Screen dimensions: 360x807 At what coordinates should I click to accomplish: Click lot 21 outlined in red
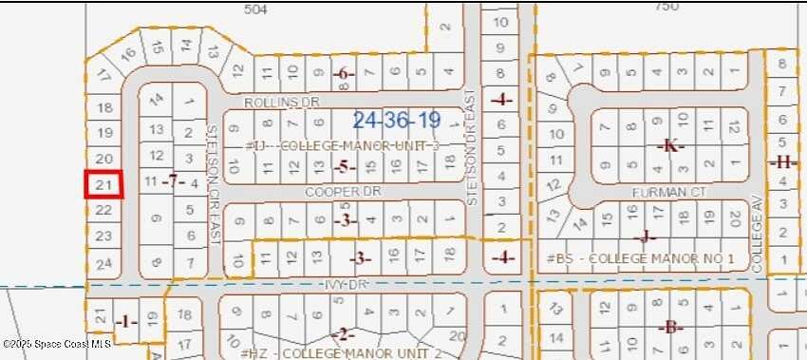point(104,184)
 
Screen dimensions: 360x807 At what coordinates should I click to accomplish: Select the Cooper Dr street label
point(329,191)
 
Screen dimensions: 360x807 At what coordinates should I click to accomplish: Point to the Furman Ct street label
point(669,192)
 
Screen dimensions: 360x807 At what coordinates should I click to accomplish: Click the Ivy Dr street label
point(336,284)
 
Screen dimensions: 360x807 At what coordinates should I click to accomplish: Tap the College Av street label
point(758,241)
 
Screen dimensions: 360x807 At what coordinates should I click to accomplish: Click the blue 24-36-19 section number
point(396,121)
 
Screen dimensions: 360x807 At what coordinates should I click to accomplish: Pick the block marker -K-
point(670,145)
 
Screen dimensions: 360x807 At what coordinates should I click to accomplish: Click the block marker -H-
point(781,162)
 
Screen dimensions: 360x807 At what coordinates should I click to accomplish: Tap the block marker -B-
point(670,328)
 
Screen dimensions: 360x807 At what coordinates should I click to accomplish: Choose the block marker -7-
point(171,180)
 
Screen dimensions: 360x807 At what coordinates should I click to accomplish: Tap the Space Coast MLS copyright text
point(57,343)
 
